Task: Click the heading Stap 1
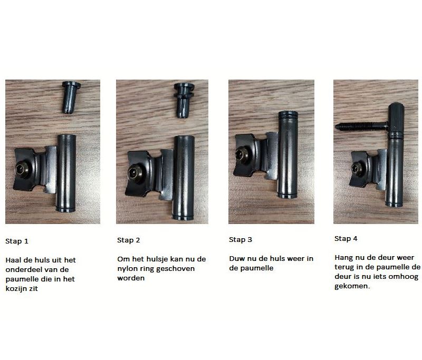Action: (17, 241)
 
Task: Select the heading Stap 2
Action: (129, 240)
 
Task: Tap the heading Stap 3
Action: (241, 240)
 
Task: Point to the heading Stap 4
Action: (346, 239)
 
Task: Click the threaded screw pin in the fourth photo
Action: (361, 127)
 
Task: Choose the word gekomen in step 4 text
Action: (349, 287)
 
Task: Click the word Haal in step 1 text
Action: (14, 260)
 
